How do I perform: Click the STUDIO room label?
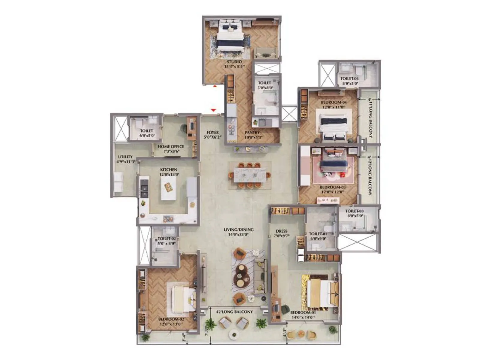[x=234, y=62]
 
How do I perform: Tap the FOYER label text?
[x=213, y=132]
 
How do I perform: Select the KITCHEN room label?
[x=169, y=169]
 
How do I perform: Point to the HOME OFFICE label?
[x=171, y=146]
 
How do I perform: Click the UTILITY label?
[x=125, y=157]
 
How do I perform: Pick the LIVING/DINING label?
[x=239, y=229]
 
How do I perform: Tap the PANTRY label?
[x=252, y=132]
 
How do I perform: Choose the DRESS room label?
[x=281, y=231]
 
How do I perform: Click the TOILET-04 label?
[x=349, y=79]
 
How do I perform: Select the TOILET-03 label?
[x=354, y=211]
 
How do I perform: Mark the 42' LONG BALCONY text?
[x=234, y=312]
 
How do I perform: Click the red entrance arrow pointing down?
[x=213, y=110]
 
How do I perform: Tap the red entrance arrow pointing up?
[x=215, y=86]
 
